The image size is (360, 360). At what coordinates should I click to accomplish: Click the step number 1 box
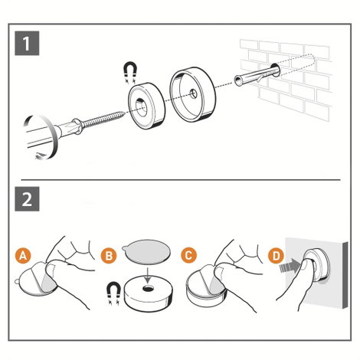point(27,43)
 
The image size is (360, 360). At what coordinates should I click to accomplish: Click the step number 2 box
point(27,199)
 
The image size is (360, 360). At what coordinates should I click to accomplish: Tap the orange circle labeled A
point(23,255)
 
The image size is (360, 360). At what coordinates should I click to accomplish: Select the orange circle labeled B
point(109,255)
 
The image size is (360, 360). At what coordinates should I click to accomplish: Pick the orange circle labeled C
point(188,255)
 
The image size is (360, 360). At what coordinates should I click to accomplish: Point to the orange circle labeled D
point(277,255)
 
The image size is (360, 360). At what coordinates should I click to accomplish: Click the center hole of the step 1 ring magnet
point(141,104)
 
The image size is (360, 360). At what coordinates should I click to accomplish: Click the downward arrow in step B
point(147,275)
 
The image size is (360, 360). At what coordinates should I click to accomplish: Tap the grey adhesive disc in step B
point(146,254)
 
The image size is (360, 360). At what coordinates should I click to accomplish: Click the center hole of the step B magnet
point(148,289)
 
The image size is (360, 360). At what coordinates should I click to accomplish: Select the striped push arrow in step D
point(289,267)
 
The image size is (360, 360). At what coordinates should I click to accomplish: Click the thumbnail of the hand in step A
point(51,270)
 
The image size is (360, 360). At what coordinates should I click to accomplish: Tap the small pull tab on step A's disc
point(16,282)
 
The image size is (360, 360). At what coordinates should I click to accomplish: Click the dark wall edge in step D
point(345,275)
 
